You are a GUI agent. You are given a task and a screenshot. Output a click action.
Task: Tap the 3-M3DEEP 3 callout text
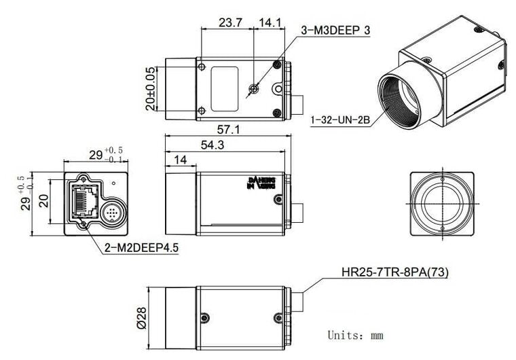335,30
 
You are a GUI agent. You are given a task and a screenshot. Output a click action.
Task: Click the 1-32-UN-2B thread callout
339,120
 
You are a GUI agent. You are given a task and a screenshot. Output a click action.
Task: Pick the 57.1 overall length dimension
228,129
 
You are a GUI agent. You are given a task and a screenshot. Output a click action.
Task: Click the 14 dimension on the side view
180,160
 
